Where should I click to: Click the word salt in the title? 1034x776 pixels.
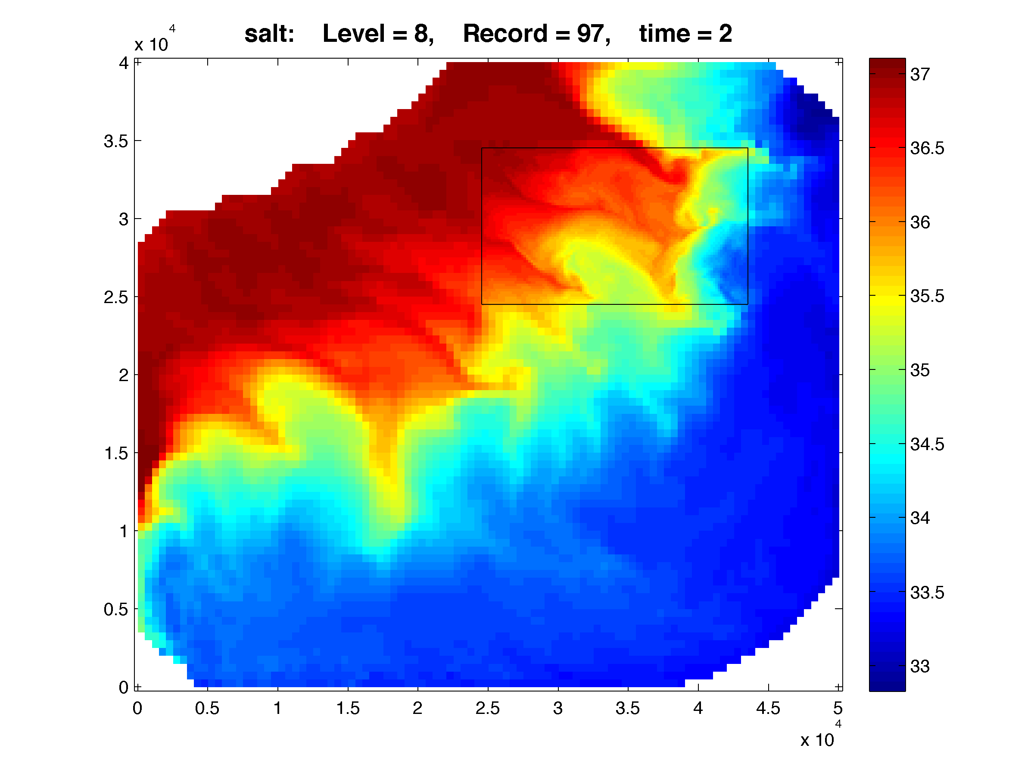click(x=269, y=34)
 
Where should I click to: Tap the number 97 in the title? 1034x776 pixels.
click(x=592, y=34)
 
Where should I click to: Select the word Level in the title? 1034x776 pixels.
click(x=353, y=34)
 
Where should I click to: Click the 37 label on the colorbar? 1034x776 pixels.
click(x=919, y=75)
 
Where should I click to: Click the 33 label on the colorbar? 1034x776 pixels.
click(x=919, y=666)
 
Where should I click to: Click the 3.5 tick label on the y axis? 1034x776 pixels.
click(x=116, y=141)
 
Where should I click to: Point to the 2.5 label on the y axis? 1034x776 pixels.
click(x=116, y=297)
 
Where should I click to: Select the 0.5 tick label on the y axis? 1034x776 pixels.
click(x=116, y=609)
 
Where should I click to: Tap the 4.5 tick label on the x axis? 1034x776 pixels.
click(x=768, y=708)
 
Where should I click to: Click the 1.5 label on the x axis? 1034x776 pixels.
click(x=348, y=708)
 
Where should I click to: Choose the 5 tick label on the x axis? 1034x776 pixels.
click(x=838, y=708)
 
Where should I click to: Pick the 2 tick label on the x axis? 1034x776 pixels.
click(x=417, y=708)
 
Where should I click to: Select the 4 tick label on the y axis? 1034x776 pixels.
click(x=123, y=63)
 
